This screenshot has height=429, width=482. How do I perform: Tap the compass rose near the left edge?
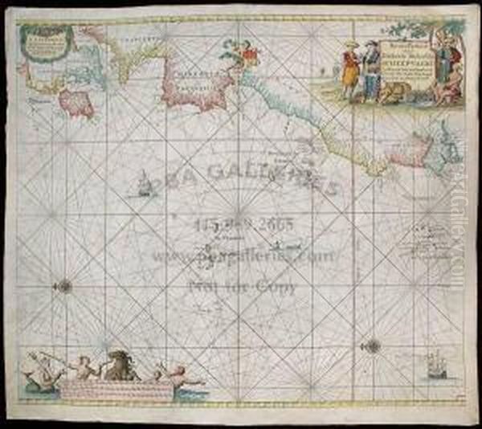click(65, 285)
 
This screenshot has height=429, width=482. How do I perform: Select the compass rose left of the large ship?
click(372, 345)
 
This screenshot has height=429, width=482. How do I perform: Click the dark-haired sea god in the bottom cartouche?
click(120, 365)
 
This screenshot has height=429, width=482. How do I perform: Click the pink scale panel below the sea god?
click(116, 390)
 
